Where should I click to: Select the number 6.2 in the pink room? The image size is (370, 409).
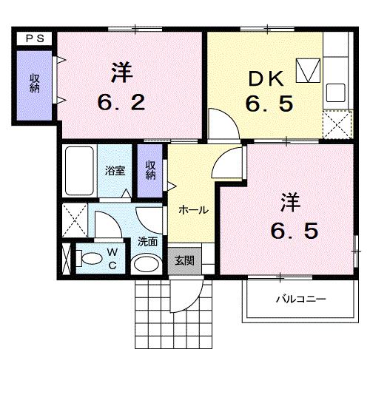123,102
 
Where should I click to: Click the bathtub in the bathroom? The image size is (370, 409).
78,171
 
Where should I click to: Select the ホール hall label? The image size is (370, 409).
193,210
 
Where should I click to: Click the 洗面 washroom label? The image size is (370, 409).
147,241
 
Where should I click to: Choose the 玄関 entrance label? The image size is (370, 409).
184,260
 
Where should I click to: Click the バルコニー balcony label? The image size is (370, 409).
300,299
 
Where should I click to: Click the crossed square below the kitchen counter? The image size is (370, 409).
337,124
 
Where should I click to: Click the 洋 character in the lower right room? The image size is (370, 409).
289,201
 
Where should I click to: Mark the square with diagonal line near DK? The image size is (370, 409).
306,70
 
